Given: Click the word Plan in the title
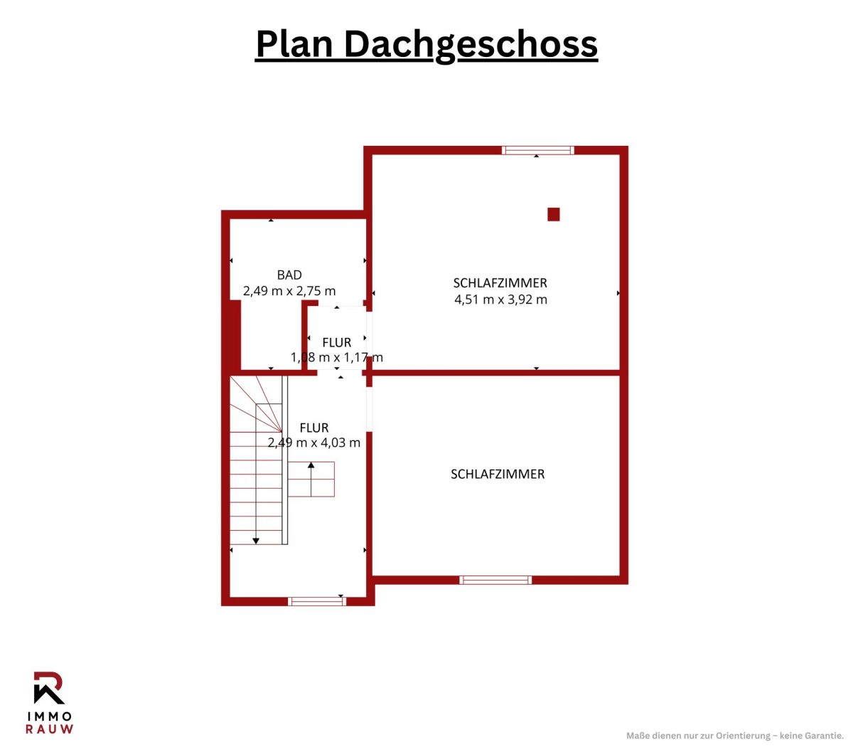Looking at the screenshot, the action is [x=294, y=43].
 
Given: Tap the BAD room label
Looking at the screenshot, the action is [x=289, y=275].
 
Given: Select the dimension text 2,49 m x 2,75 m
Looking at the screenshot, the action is [x=289, y=291].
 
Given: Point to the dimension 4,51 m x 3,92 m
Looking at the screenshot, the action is [x=500, y=300].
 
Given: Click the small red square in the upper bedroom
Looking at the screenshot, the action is [x=553, y=214].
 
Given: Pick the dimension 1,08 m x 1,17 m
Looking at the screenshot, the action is [x=336, y=357].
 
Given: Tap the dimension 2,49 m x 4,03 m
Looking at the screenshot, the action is [x=314, y=443].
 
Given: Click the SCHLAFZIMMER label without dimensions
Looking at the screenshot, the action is [x=498, y=474].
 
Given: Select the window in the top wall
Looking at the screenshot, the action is [x=538, y=150].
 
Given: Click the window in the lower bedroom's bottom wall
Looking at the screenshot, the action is [x=495, y=580].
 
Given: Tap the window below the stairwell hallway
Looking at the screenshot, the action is [x=317, y=601].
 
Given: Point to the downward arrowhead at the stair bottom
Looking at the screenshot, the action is [x=256, y=541].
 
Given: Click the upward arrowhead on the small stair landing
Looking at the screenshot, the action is [x=311, y=465].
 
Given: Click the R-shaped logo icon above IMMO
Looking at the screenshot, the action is [x=49, y=688].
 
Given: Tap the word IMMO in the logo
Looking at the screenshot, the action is [x=49, y=716].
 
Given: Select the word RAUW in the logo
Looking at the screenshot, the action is [x=49, y=729].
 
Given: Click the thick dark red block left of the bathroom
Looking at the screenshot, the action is [x=236, y=334].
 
